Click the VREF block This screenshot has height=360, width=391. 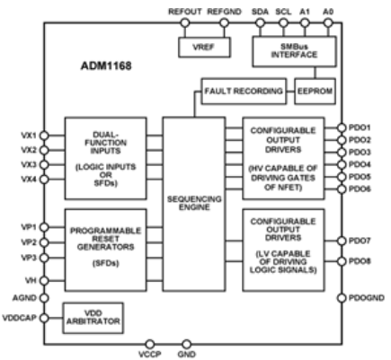point(204,48)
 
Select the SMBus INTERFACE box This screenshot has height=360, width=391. point(294,51)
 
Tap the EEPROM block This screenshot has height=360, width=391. point(315,92)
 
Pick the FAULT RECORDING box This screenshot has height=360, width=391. point(244,92)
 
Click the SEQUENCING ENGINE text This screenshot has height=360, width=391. point(194,203)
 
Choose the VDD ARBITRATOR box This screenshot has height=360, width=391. point(93,318)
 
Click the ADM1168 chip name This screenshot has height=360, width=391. point(106,66)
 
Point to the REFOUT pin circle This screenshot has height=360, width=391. point(185,22)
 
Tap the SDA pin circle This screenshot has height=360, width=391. point(260,22)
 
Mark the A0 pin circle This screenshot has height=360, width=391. point(328,22)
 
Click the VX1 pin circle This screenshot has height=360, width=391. point(44,136)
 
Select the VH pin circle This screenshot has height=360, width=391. point(44,281)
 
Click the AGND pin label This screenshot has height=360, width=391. point(24,298)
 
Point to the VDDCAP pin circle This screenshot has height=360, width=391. point(44,318)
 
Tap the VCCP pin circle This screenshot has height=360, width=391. point(150,344)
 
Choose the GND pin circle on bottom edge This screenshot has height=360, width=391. point(186,344)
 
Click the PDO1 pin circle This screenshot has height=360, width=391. point(342,127)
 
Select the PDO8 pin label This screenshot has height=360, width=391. point(360,261)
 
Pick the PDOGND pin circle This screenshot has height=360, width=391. point(342,298)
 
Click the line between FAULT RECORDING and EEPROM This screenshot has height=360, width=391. point(290,92)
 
